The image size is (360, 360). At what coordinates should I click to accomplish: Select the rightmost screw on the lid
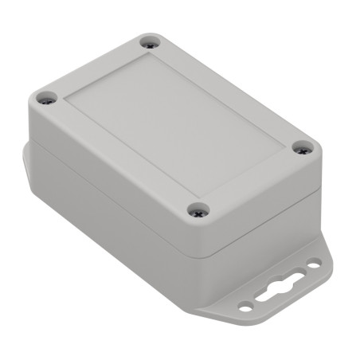(301, 147)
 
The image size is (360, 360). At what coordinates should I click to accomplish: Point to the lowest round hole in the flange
(245, 307)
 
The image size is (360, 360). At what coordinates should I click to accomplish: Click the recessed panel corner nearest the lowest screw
(197, 195)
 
